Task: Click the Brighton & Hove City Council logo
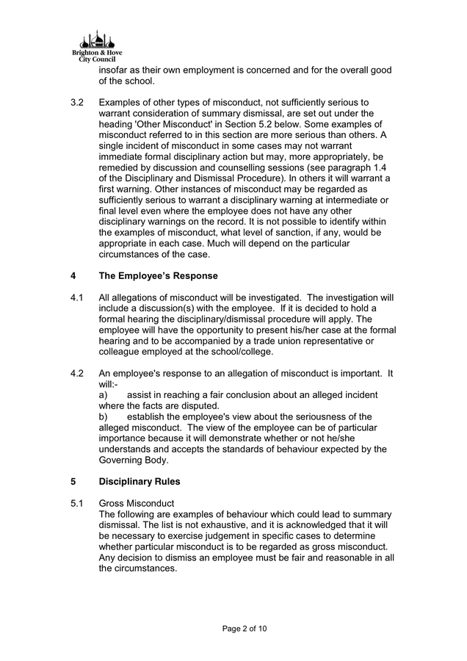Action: (x=93, y=47)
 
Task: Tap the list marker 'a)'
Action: (x=104, y=395)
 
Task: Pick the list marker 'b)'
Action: (x=104, y=417)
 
